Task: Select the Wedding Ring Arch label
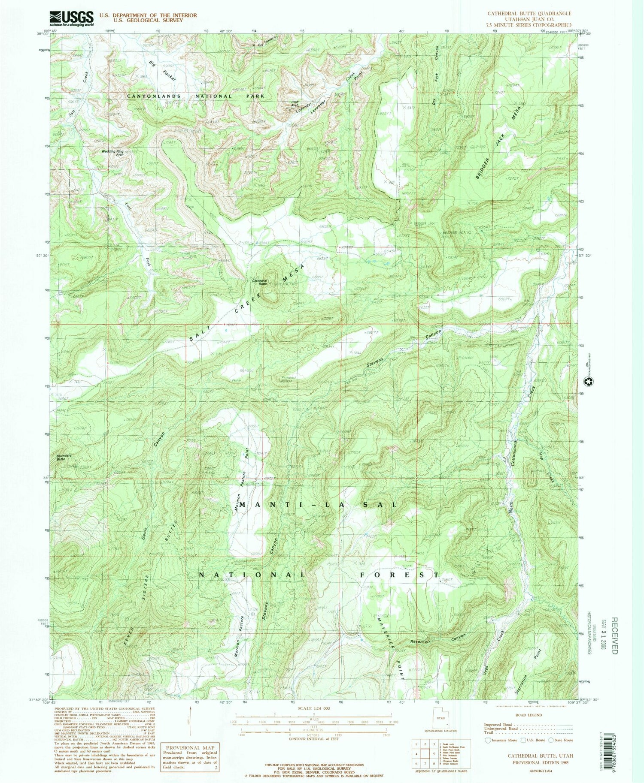click(x=112, y=153)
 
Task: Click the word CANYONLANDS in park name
click(x=154, y=96)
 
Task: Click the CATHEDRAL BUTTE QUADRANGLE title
click(x=529, y=14)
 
